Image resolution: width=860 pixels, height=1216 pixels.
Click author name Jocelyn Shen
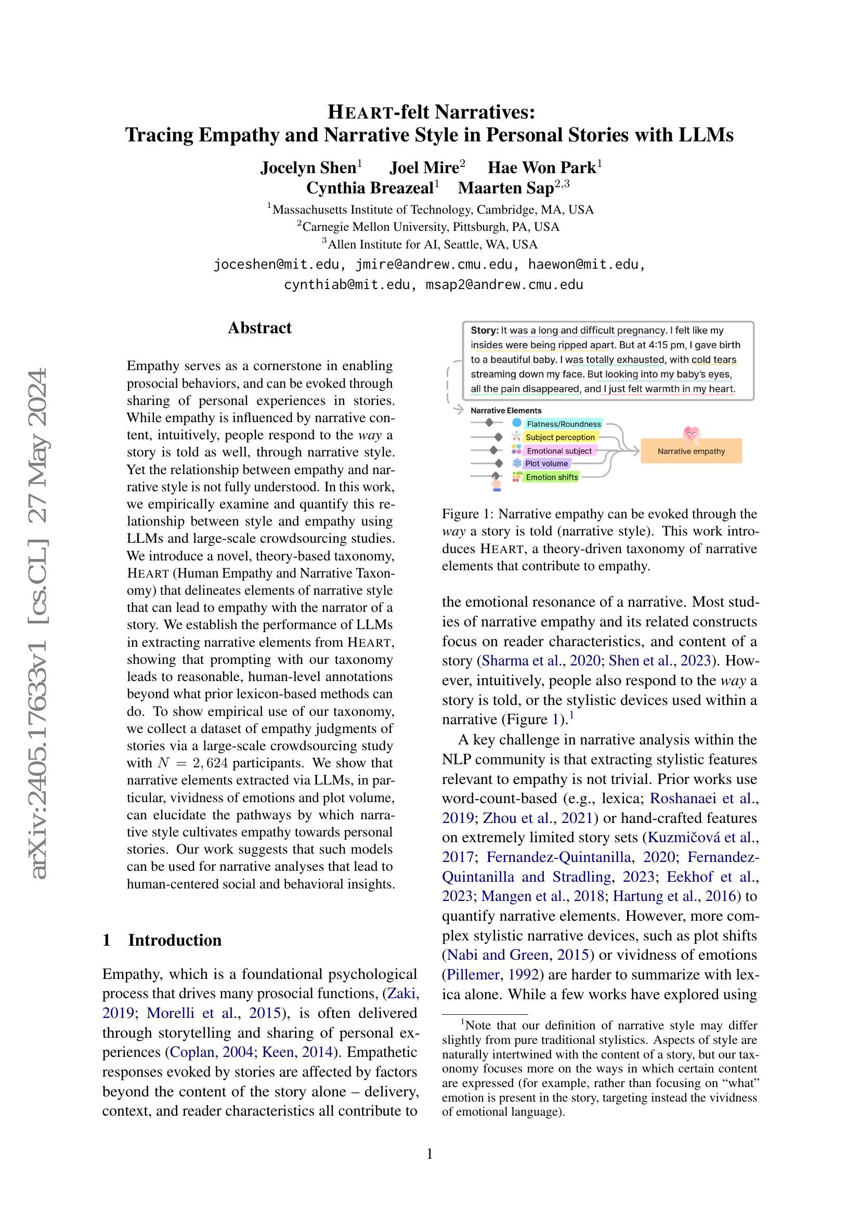308,168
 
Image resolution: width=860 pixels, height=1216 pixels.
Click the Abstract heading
259,328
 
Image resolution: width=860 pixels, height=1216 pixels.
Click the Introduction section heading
175,940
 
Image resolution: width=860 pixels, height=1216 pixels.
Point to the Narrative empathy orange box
690,451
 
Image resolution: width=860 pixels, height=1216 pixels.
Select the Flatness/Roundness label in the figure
564,424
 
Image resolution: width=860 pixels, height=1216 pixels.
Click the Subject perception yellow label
560,437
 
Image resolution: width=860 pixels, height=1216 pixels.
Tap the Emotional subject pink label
558,451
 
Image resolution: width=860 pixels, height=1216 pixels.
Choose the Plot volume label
546,463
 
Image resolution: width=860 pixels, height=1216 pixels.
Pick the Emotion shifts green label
552,477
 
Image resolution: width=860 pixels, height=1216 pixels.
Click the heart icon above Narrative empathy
691,434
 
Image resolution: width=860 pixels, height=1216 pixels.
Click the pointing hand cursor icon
496,482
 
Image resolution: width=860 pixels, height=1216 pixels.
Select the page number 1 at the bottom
429,1154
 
